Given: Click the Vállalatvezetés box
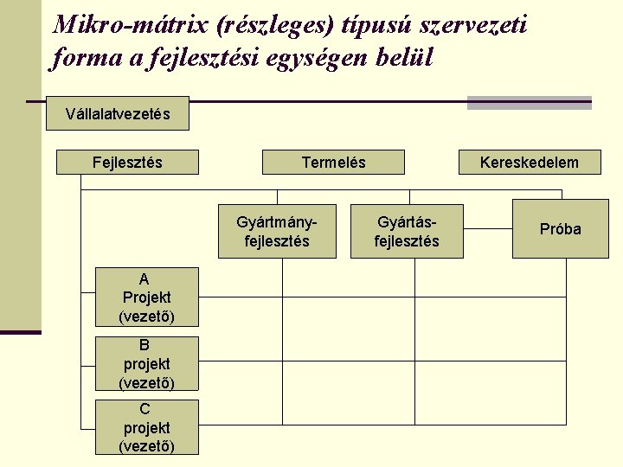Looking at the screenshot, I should click(x=118, y=113).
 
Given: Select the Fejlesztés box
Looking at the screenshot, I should click(x=127, y=163).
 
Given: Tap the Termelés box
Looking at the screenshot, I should click(x=333, y=163).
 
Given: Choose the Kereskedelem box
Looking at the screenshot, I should click(x=530, y=163).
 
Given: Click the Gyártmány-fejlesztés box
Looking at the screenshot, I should click(x=277, y=231).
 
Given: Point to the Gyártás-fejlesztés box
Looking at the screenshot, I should click(x=407, y=231).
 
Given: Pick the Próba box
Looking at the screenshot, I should click(x=560, y=229).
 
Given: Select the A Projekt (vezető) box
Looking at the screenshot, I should click(x=146, y=297).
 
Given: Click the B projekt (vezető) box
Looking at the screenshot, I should click(x=146, y=363).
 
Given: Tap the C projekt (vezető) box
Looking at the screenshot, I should click(x=146, y=427).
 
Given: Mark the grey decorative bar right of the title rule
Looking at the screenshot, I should click(x=529, y=103).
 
